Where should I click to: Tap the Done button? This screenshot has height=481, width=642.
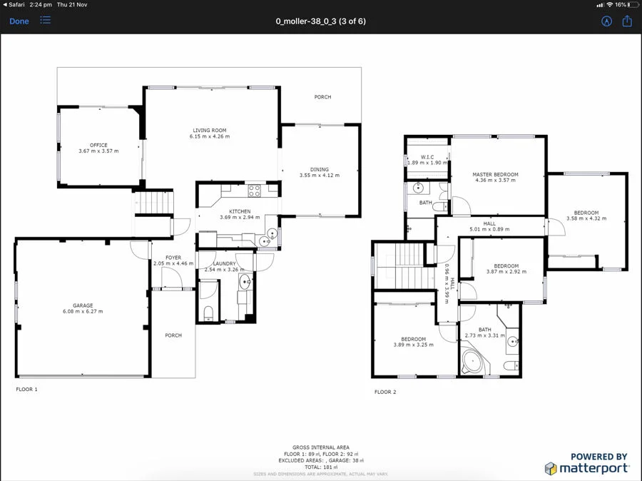click(x=19, y=21)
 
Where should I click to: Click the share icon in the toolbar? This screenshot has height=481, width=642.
click(x=627, y=21)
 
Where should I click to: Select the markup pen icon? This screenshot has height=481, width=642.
click(x=606, y=21)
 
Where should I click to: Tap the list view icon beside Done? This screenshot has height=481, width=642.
click(x=46, y=21)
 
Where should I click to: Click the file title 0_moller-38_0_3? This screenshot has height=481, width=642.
click(x=320, y=21)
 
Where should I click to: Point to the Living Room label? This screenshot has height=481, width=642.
click(x=209, y=131)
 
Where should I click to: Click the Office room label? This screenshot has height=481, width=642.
click(x=98, y=146)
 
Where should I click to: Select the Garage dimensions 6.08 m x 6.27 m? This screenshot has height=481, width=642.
click(x=83, y=312)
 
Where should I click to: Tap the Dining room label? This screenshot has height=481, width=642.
click(x=319, y=170)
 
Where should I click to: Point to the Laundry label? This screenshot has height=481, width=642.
click(x=225, y=264)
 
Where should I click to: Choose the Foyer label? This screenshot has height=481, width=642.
click(x=173, y=258)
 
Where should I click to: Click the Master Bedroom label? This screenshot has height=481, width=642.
click(x=495, y=174)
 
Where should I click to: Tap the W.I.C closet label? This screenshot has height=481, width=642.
click(x=427, y=157)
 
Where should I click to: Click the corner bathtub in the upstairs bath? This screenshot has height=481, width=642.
click(x=474, y=361)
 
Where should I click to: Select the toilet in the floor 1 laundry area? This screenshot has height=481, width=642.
click(x=208, y=312)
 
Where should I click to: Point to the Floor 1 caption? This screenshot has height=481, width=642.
click(x=26, y=390)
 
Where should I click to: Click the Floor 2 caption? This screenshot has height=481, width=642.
click(x=385, y=392)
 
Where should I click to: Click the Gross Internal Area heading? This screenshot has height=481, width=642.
click(x=320, y=447)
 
